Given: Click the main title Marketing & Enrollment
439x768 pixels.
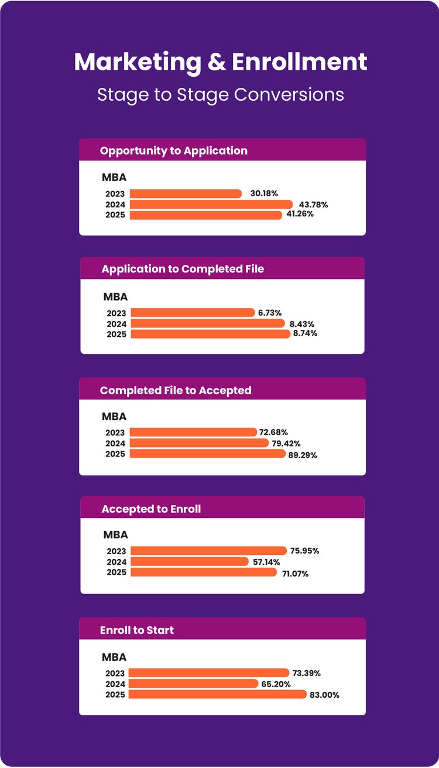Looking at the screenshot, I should coord(220,62).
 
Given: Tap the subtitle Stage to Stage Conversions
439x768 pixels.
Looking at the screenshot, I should coord(220,94).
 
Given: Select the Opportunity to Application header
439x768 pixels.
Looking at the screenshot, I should coord(174,151).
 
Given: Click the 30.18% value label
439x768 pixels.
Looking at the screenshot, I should coord(264,193).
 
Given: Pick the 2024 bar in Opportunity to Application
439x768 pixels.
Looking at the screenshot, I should coord(211,204).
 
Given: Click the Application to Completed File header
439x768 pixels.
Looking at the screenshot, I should coord(183,269).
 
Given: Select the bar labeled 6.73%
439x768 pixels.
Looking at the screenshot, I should coord(193,313).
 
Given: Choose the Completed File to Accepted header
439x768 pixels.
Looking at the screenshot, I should coord(176,390).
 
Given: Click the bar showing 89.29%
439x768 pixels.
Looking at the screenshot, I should coord(207,454).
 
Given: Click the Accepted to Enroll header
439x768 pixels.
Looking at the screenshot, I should coord(151,509).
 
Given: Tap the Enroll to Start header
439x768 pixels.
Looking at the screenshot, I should coord(137,630).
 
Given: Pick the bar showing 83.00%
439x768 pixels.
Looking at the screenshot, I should coord(217,695).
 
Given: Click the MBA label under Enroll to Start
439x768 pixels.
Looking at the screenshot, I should coord(114,657).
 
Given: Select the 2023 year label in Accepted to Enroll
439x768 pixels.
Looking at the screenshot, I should coord(116,551).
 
